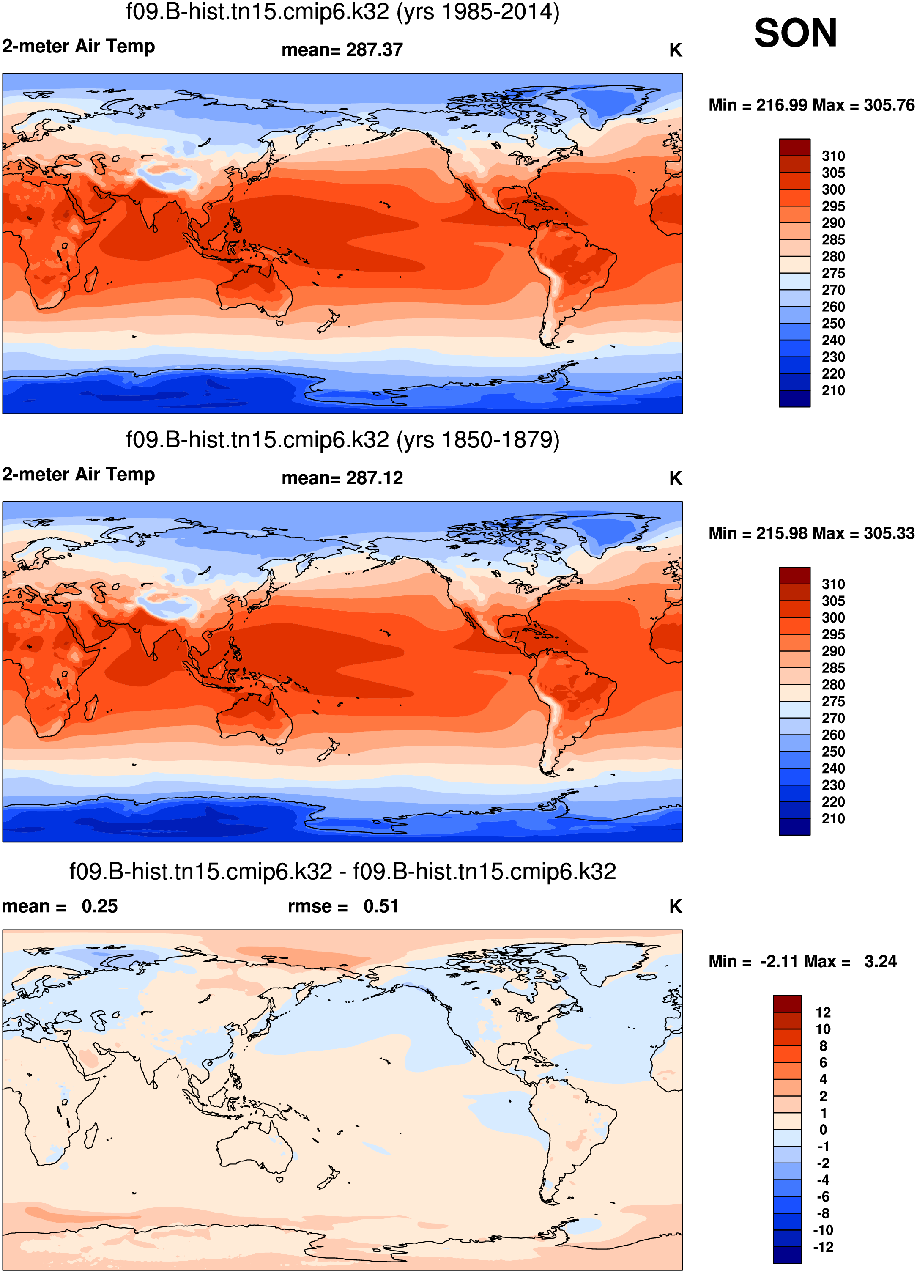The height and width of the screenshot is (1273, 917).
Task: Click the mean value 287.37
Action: pos(374,50)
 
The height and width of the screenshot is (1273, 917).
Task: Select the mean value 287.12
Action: pos(374,478)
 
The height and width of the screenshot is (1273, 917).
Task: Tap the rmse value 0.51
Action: pos(380,906)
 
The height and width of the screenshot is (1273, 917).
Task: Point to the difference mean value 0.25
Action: pos(99,906)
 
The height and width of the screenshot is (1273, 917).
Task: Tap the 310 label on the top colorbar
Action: pos(833,156)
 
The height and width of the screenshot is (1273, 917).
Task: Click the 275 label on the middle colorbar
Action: pos(833,702)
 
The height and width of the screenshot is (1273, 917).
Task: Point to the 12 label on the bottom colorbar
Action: pos(823,1012)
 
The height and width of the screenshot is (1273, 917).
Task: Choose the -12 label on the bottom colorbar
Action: pos(823,1247)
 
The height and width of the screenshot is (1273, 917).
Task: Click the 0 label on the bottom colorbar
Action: pos(823,1130)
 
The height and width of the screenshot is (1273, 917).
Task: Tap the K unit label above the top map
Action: pos(675,50)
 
